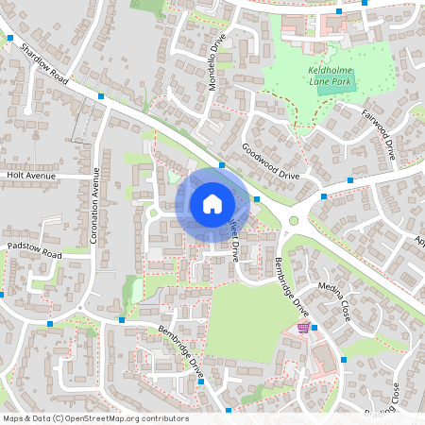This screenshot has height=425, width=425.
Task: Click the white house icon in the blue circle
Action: pos(212,203)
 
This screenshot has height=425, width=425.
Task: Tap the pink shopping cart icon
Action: pos(302,328)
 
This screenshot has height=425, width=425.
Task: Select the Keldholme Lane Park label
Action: pos(330,75)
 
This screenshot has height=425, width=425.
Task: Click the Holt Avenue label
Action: pos(31,176)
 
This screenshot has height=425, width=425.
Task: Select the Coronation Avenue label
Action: pos(94,205)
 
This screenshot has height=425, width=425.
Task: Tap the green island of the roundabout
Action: pos(294,221)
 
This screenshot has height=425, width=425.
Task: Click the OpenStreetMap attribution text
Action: pos(95,418)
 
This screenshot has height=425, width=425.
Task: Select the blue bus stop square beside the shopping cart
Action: pos(314,328)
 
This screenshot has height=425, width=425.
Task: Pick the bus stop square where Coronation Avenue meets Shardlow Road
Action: pos(101,95)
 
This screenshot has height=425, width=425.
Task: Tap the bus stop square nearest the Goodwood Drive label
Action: pos(222,165)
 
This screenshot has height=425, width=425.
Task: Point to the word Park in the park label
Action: pos(348,82)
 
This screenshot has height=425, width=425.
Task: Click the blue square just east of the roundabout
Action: pos(324,196)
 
